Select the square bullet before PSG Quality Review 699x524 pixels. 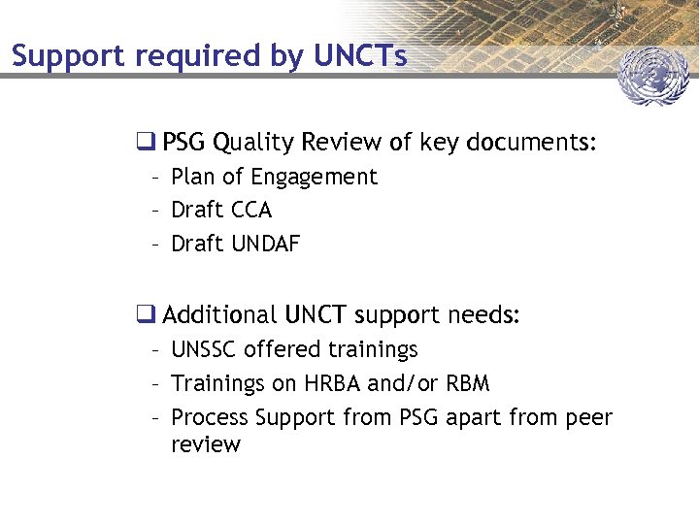pos(146,143)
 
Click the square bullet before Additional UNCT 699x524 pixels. pos(146,314)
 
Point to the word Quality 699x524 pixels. pos(253,144)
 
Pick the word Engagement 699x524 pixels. pos(314,178)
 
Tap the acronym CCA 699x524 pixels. pos(251,210)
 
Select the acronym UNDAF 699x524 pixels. pos(266,244)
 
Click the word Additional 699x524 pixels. pos(220,314)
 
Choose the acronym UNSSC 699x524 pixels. pos(204,349)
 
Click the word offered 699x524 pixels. pos(282,349)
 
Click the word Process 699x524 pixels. pos(209,417)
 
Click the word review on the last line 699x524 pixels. pos(205,444)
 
